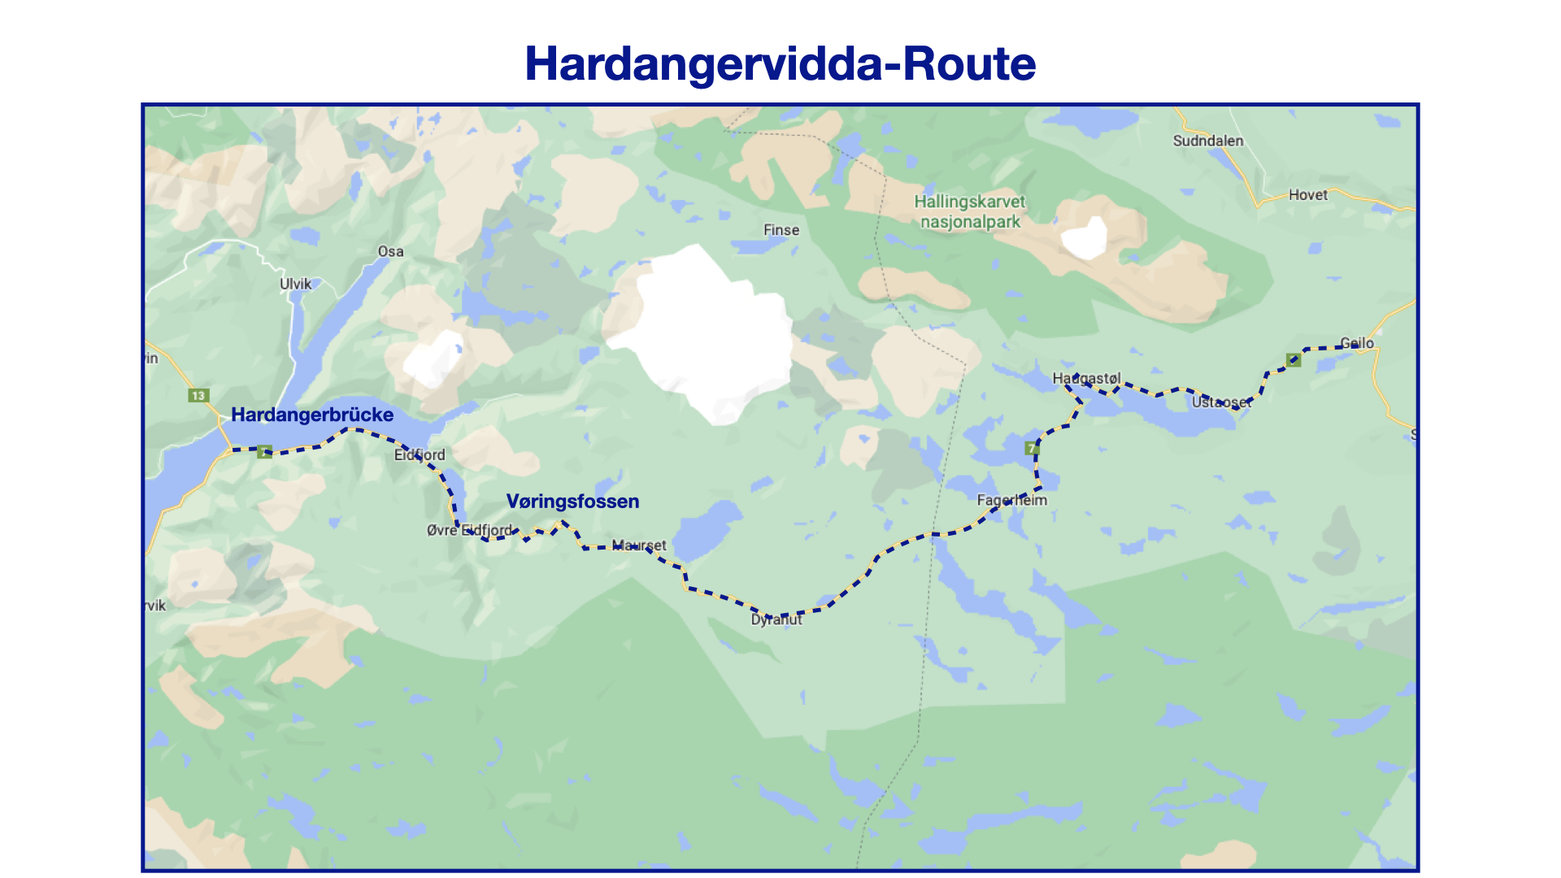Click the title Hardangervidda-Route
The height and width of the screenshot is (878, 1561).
(780, 63)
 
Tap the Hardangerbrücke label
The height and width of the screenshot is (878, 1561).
(312, 415)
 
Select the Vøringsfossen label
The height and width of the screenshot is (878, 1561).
(572, 502)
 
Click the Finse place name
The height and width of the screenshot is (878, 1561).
(780, 230)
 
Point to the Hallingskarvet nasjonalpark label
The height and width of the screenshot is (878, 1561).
(969, 211)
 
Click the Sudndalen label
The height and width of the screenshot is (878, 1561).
(1207, 141)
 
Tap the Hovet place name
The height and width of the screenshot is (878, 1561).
(1307, 195)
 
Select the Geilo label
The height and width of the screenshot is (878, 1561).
(1357, 343)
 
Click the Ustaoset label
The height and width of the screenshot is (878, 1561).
(1221, 402)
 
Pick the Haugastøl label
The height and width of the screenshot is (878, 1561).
(1086, 378)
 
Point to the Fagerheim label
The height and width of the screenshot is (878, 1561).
(1011, 500)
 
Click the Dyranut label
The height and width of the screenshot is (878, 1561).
(776, 619)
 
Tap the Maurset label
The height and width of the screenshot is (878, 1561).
(638, 545)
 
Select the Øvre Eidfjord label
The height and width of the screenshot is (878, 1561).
(469, 530)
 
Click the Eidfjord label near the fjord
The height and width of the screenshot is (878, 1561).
(420, 454)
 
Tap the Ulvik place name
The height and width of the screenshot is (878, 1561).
(295, 284)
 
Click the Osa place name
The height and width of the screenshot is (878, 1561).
(390, 251)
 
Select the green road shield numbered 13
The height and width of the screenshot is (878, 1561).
(198, 396)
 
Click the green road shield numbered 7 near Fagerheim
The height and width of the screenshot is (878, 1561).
(1032, 449)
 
